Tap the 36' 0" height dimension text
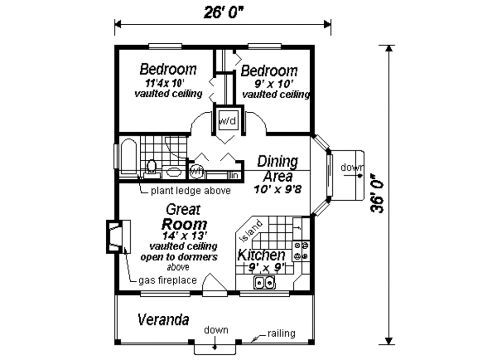[377, 193]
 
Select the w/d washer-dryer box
[227, 120]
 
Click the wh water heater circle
[196, 171]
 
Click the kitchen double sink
[264, 282]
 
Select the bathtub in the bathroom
[129, 156]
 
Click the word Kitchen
[261, 255]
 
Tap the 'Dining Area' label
[277, 168]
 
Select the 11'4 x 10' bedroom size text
[168, 82]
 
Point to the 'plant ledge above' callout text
[190, 190]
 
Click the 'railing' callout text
[281, 333]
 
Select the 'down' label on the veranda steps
[215, 330]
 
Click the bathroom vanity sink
[172, 171]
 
